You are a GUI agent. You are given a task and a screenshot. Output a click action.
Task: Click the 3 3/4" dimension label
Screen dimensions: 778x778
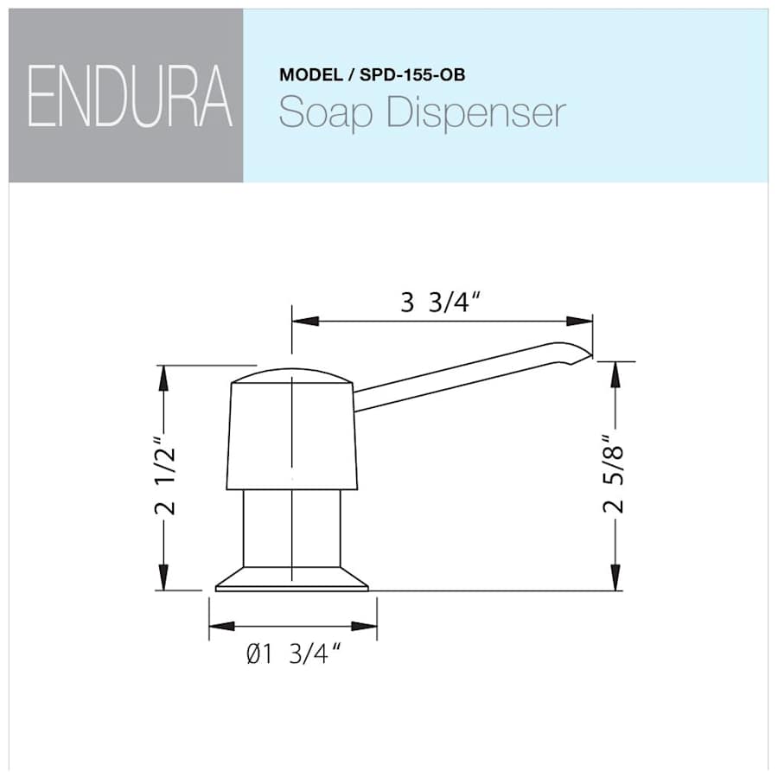[441, 303]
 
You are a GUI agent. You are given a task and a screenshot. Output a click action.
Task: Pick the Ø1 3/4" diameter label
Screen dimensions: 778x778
[290, 655]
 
